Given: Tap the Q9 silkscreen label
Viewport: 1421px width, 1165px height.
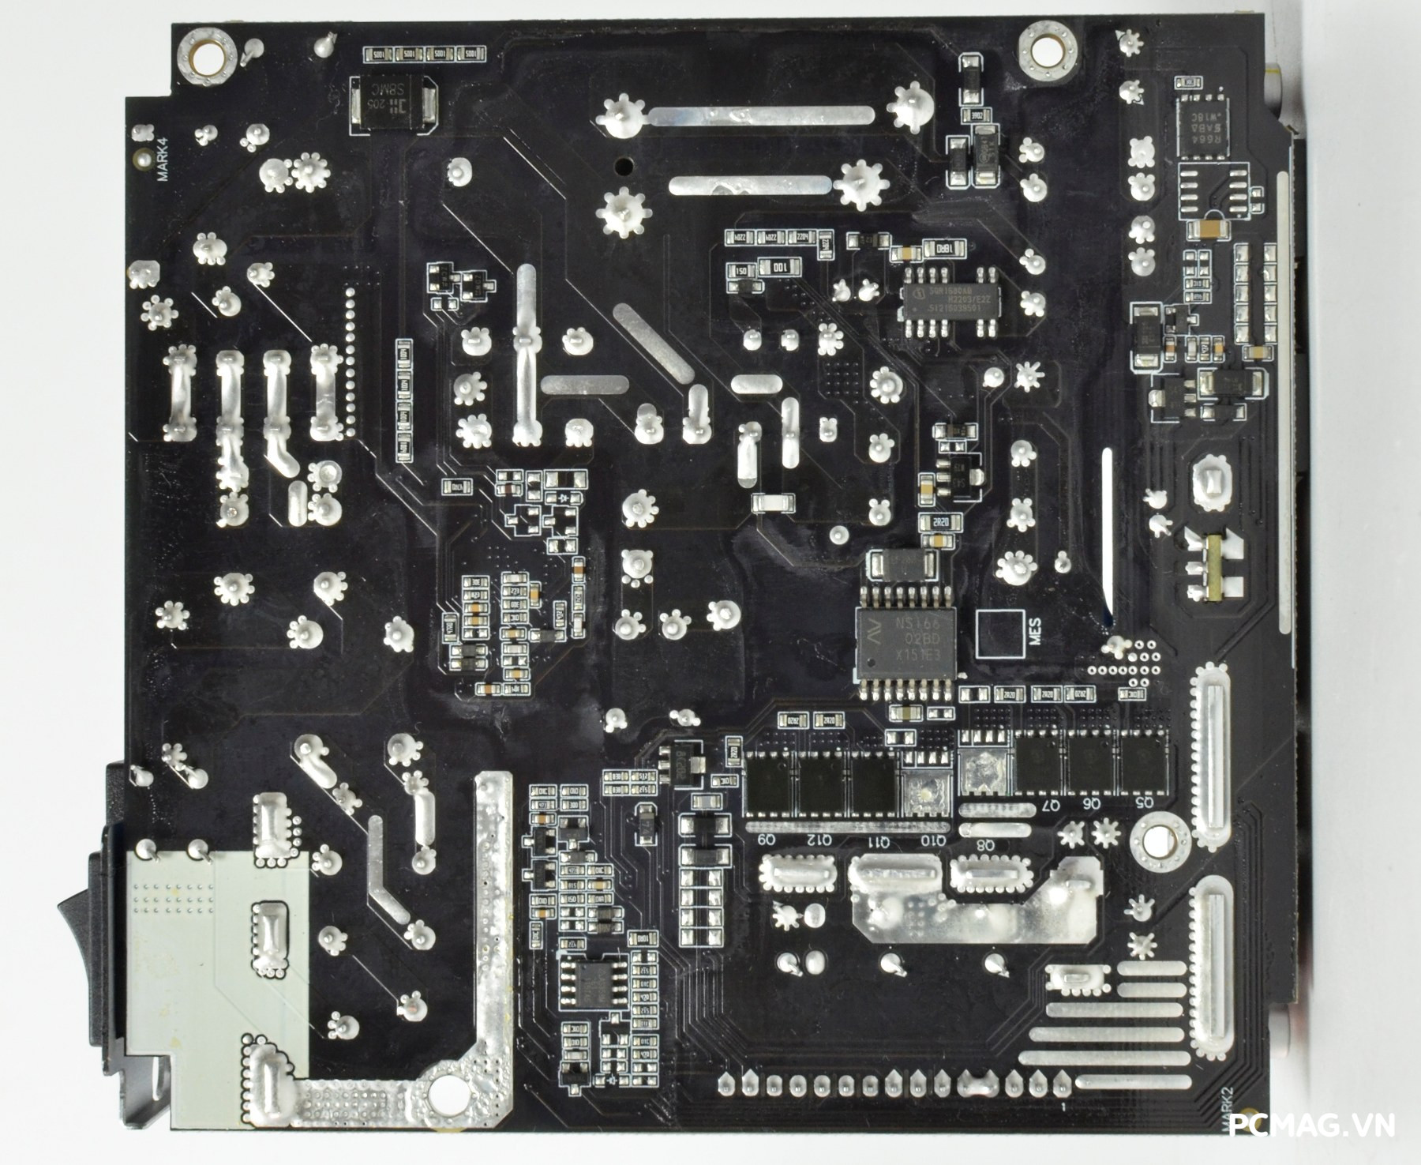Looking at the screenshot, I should click(x=767, y=839).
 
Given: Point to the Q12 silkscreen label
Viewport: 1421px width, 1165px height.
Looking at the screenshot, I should click(x=822, y=839).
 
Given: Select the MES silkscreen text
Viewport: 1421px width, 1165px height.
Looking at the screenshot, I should click(x=1035, y=632).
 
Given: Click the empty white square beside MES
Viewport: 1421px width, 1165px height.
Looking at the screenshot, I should click(x=999, y=633).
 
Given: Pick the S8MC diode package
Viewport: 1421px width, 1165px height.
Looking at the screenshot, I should click(x=392, y=103).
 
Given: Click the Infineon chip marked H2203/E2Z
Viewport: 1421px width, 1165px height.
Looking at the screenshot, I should click(x=950, y=301).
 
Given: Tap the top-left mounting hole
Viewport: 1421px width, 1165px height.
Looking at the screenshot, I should click(x=207, y=57).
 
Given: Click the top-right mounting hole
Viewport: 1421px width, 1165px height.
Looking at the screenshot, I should click(x=1047, y=49).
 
